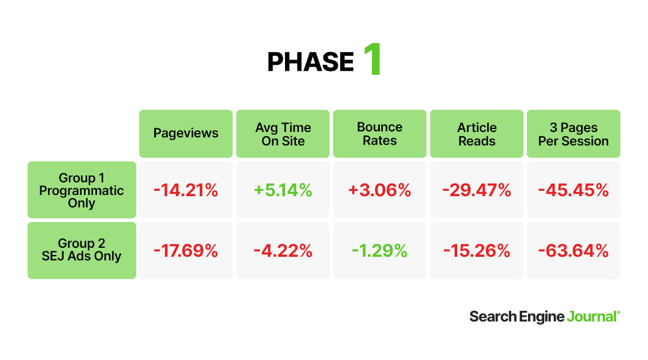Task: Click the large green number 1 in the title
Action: [372, 59]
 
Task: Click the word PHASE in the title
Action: [310, 62]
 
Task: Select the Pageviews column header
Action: [185, 133]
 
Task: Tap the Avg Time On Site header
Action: [283, 134]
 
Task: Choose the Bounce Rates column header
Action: [380, 134]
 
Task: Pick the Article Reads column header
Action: [477, 134]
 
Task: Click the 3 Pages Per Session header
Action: [574, 134]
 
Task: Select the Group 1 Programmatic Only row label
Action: [82, 190]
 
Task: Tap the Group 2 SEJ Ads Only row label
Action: [82, 250]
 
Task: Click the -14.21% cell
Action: [185, 191]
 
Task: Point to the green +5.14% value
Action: [283, 191]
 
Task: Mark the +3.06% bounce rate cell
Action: [380, 191]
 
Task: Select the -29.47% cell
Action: [477, 191]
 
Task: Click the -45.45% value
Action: [574, 191]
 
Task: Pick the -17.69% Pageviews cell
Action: [185, 251]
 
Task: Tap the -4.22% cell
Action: [283, 251]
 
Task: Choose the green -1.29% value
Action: [380, 251]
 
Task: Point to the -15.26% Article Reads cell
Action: [477, 251]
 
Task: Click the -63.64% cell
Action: [574, 251]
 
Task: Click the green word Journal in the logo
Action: [592, 317]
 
